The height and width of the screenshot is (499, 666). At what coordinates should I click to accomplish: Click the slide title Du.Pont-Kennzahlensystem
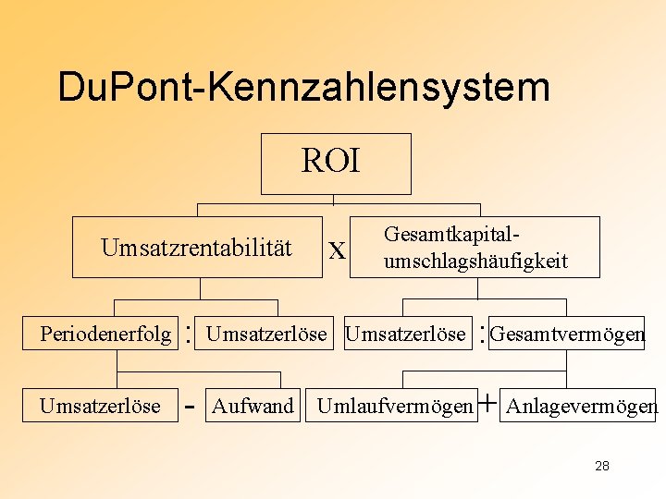(x=303, y=87)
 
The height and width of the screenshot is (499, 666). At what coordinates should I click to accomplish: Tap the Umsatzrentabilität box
(x=196, y=248)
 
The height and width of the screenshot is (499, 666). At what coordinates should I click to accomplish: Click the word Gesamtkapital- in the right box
(x=459, y=236)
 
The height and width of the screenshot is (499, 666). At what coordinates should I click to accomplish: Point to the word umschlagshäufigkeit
(x=475, y=262)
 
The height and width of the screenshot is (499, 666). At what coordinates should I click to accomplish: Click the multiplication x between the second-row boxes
(x=338, y=250)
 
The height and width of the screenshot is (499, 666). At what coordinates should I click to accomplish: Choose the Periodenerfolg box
(x=105, y=334)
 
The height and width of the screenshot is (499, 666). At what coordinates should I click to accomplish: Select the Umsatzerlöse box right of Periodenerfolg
(x=265, y=334)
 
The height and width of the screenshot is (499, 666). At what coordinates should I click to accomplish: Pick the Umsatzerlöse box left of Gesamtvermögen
(x=405, y=334)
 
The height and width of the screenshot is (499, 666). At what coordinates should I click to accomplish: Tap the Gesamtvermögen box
(x=566, y=334)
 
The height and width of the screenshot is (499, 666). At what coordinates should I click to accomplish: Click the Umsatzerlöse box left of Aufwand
(x=100, y=406)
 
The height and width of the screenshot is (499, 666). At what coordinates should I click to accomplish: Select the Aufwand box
(x=253, y=406)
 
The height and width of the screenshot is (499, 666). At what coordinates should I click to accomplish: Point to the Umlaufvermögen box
(x=394, y=406)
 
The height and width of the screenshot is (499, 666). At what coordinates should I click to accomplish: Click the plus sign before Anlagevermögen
(x=487, y=404)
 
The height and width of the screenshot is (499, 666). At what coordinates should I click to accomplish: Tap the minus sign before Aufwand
(x=189, y=406)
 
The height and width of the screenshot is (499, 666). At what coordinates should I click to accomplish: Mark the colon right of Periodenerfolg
(x=189, y=334)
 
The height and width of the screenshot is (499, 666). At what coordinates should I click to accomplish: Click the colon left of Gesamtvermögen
(x=482, y=334)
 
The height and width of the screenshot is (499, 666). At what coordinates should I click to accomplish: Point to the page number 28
(x=602, y=466)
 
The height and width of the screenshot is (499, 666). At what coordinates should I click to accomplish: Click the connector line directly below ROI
(x=334, y=200)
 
